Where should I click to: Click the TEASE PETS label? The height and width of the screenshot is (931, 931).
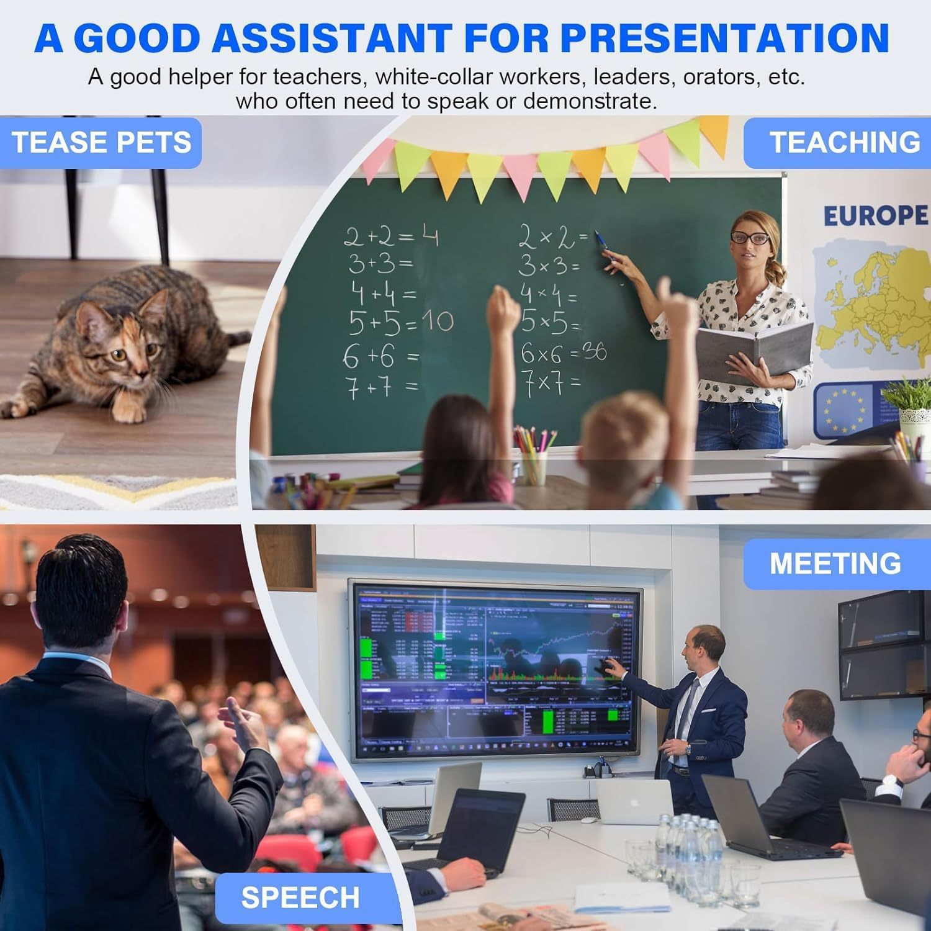101,142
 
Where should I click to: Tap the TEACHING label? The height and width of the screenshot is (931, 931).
844,142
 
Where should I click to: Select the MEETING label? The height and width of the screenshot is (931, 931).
835,564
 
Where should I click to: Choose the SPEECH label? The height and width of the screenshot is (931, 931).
300,897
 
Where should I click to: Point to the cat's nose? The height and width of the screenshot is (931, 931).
142,374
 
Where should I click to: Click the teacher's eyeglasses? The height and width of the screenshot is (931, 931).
750,237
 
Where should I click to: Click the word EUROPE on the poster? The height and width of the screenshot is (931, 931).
875,216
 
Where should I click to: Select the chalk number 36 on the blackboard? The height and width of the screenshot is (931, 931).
594,351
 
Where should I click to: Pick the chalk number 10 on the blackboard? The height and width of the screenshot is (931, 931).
438,322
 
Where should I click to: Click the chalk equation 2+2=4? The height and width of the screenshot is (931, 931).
391,236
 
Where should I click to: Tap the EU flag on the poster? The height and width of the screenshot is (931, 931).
843,410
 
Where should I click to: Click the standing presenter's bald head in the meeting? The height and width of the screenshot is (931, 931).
708,639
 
